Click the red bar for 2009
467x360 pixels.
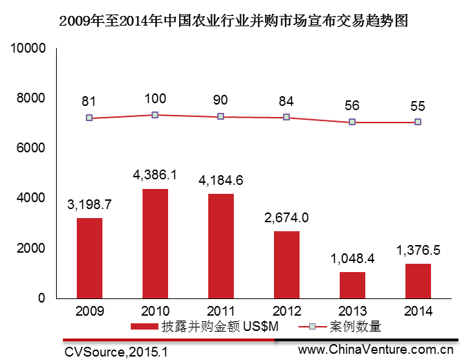(89, 258)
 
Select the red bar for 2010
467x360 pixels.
(155, 243)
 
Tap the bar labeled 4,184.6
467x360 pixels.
(221, 246)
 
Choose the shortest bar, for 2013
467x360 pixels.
(352, 285)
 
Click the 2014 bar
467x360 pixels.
(418, 280)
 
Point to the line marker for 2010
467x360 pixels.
(155, 115)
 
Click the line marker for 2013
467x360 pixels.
(352, 122)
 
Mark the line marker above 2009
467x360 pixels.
(89, 118)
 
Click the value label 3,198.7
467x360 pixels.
(89, 205)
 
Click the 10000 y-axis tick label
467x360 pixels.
(27, 48)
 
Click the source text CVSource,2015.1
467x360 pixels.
(116, 352)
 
